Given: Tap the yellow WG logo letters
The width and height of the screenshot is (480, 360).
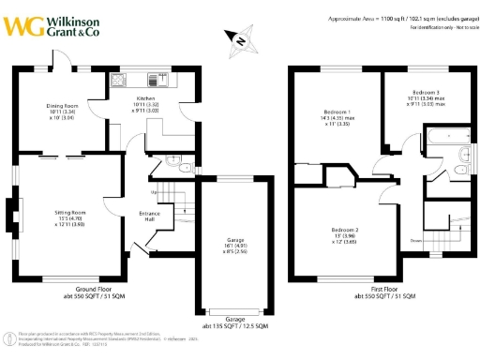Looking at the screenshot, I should coord(28,23).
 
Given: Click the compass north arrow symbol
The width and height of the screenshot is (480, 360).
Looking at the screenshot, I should coord(241,40).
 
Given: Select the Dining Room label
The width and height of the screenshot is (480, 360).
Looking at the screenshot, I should coord(62,111).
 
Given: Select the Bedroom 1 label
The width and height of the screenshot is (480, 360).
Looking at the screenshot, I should coord(331,115).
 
